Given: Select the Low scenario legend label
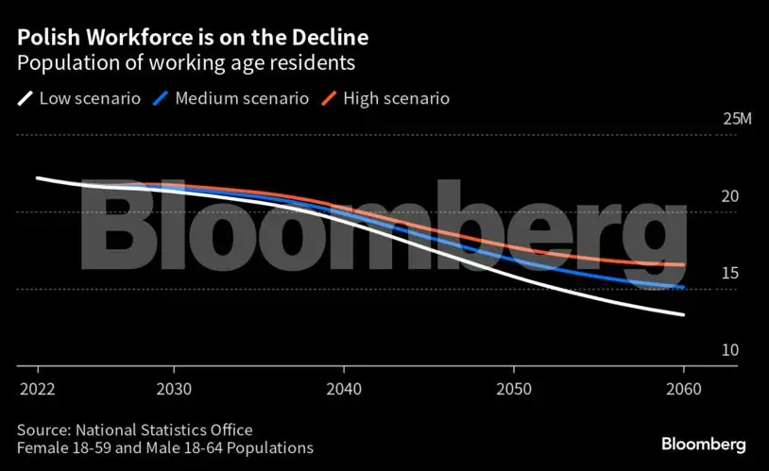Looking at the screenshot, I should tap(90, 98).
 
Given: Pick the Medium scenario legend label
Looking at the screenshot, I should tap(242, 98).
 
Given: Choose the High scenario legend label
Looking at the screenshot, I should tap(396, 98).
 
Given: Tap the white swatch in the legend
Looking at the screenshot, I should tap(26, 98).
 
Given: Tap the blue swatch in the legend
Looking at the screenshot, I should tap(162, 98).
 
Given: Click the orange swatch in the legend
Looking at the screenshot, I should tap(330, 98).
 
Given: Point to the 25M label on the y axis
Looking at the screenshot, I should tap(737, 120).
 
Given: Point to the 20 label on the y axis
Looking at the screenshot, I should tap(730, 196).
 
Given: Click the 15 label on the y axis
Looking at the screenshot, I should tap(730, 274).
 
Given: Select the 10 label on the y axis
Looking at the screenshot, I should tap(730, 350).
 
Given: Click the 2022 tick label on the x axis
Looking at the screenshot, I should tap(37, 390).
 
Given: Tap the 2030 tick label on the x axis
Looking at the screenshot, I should tap(173, 390).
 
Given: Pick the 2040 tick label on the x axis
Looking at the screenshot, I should tap(343, 390).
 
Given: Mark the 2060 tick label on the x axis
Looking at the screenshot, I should tap(683, 390).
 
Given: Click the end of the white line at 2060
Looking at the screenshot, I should tap(683, 314).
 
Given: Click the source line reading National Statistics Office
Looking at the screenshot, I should tap(135, 429).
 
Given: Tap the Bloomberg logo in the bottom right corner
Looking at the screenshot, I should tap(703, 443).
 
